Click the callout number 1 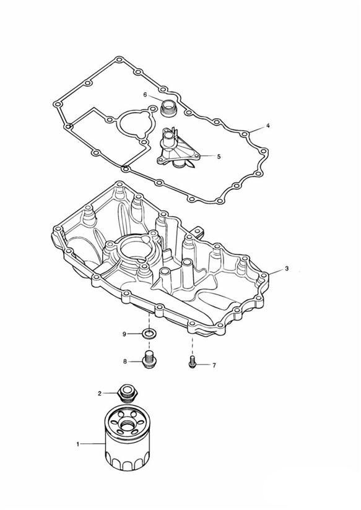(x=78, y=444)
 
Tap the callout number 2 (x=100, y=394)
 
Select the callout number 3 (x=287, y=269)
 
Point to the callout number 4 (x=268, y=125)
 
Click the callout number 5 (x=219, y=157)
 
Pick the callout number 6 (x=145, y=95)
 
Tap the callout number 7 (x=214, y=366)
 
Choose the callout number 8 (x=125, y=361)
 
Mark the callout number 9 (x=124, y=334)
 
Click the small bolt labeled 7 (x=192, y=363)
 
